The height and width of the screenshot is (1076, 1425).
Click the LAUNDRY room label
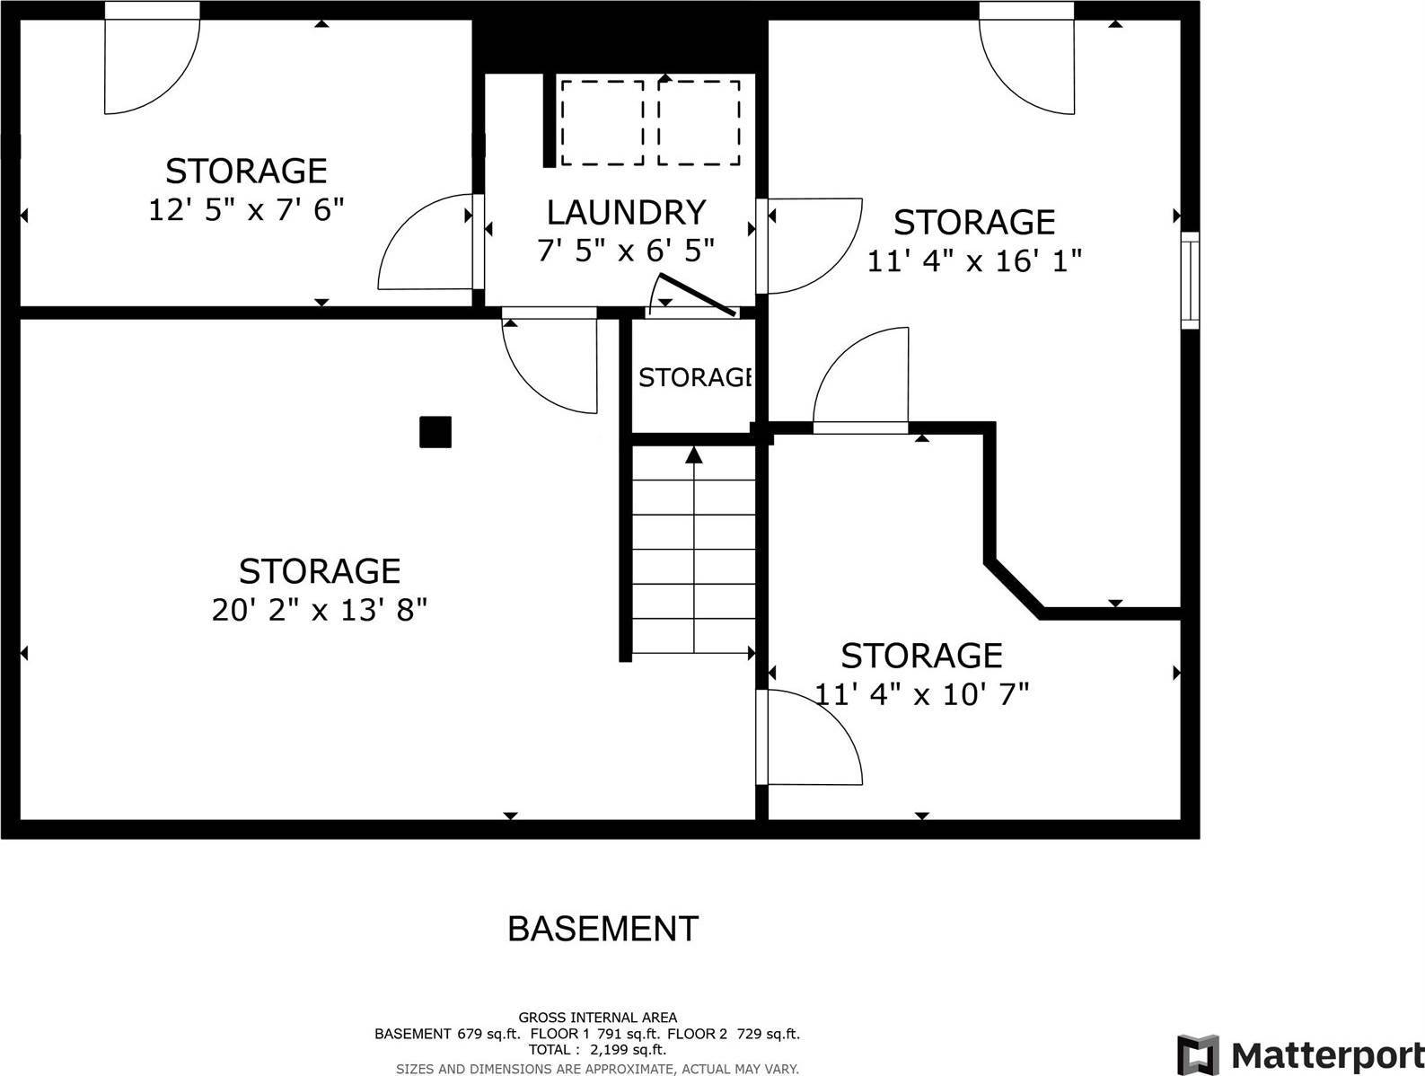coord(626,213)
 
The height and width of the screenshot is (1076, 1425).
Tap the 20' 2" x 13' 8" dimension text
coord(319,611)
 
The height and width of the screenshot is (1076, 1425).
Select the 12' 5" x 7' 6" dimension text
coord(246,210)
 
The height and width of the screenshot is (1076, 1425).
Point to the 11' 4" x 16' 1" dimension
coord(974,260)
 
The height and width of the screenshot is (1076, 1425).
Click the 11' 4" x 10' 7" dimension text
coord(921,694)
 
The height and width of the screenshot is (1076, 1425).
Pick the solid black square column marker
coord(435,432)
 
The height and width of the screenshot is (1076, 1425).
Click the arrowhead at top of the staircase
coord(693,455)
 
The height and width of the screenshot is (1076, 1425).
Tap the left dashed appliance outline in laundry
coord(602,122)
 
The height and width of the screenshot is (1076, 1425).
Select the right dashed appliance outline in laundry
coord(699,122)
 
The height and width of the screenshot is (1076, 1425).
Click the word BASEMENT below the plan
coord(603,929)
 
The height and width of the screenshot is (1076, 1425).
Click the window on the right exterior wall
coord(1189,279)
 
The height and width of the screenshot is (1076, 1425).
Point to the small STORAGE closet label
coord(694,378)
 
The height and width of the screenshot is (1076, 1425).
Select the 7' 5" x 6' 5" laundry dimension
coord(626,251)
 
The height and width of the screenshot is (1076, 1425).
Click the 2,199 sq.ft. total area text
coord(626,1049)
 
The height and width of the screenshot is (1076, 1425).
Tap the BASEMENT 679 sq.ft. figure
coord(446,1034)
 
